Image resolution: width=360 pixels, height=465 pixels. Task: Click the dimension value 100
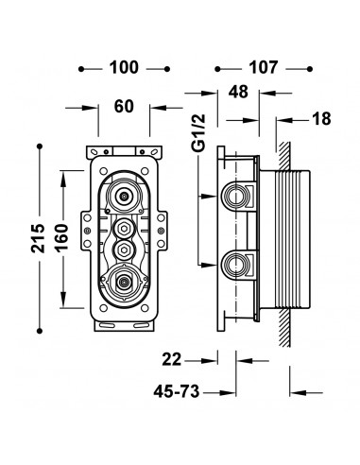124,68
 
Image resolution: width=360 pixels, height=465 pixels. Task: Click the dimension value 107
264,68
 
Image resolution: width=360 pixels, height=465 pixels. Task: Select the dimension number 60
124,107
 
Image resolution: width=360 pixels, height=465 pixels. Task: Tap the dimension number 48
238,92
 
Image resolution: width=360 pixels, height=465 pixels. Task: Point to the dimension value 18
321,119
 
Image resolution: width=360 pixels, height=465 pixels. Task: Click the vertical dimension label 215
38,238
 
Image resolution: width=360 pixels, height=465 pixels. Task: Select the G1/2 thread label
199,132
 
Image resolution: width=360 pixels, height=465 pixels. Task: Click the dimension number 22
172,359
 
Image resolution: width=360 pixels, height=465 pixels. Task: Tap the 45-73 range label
177,391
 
